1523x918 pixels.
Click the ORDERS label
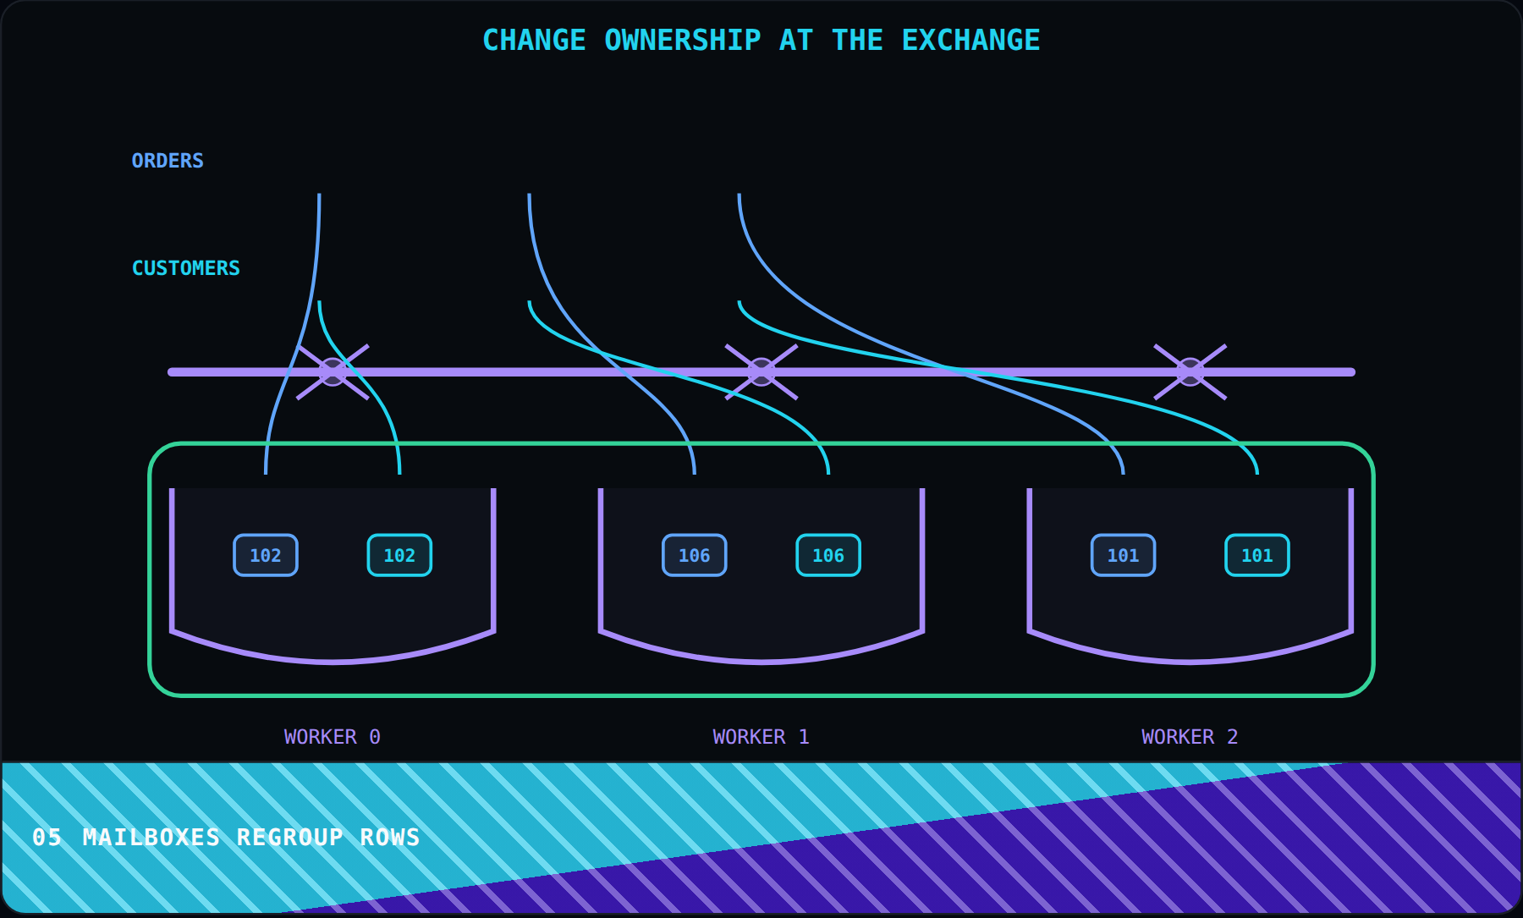point(168,161)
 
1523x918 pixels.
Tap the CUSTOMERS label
point(185,268)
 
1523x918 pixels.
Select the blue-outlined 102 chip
point(266,555)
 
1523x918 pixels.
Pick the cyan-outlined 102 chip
point(399,555)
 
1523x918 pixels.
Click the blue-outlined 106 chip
point(694,555)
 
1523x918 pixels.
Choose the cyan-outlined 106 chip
point(828,555)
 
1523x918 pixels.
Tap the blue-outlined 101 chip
point(1123,555)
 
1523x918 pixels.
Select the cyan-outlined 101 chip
point(1257,555)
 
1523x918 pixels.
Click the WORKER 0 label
point(333,737)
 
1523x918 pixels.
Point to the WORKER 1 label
point(761,737)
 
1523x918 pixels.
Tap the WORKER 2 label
point(1190,737)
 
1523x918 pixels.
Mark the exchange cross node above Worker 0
point(333,371)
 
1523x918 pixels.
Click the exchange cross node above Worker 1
point(761,371)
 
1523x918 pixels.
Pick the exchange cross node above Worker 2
point(1190,371)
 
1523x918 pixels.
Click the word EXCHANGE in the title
point(970,41)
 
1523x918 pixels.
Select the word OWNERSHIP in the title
point(683,41)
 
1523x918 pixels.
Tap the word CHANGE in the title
point(534,41)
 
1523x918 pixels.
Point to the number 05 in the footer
point(47,838)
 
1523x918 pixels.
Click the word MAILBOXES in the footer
point(151,838)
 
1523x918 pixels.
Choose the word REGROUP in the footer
point(290,838)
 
